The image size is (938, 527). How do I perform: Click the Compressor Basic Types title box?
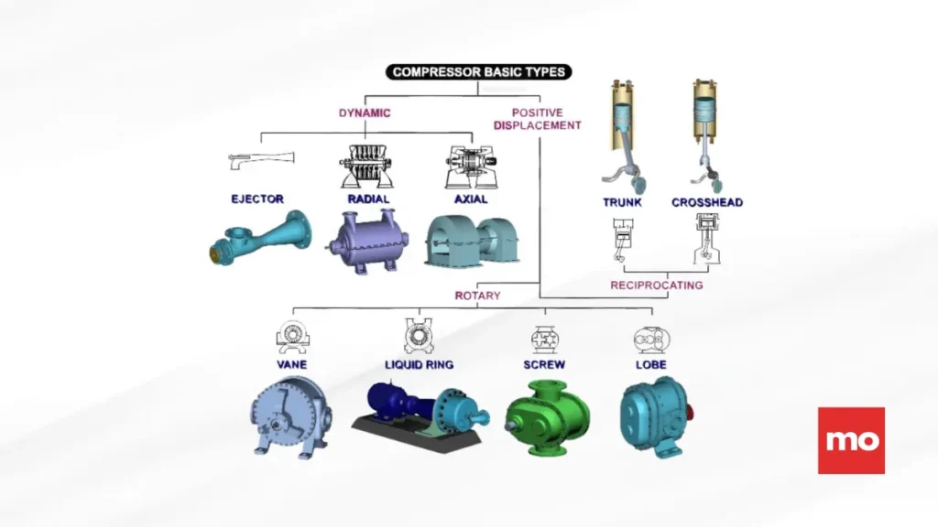click(479, 71)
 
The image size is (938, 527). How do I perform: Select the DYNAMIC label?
click(365, 113)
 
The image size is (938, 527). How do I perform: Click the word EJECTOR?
click(257, 199)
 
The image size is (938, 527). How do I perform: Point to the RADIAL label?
click(368, 199)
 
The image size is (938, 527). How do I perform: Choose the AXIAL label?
click(470, 199)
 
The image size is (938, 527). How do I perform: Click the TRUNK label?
click(622, 202)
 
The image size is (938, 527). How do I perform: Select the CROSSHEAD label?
click(706, 202)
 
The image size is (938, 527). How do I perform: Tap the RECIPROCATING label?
click(657, 285)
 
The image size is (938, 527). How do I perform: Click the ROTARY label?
click(477, 296)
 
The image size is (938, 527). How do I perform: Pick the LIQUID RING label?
click(419, 364)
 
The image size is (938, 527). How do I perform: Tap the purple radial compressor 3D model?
click(366, 240)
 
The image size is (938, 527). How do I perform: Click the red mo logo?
click(851, 440)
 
